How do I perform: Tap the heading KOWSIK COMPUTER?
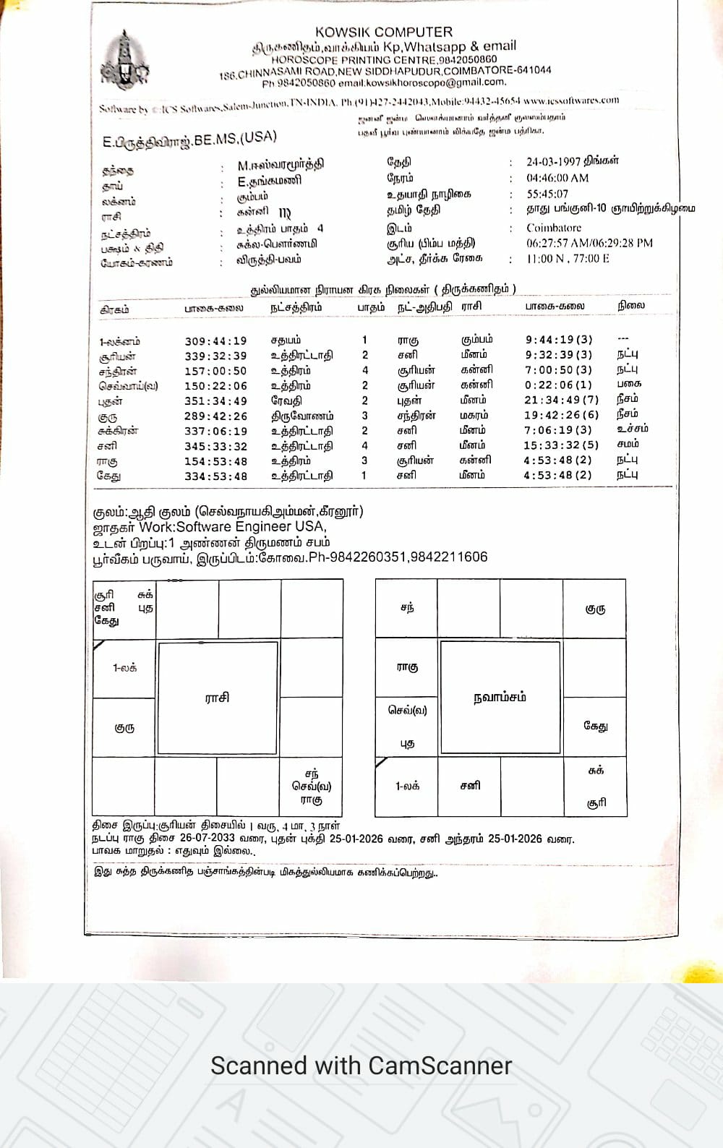click(384, 32)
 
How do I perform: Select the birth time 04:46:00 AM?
click(557, 178)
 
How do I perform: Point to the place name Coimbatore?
click(554, 228)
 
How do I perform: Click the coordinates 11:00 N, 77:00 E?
click(568, 258)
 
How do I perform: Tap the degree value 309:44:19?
click(215, 341)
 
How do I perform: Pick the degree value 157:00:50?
click(215, 371)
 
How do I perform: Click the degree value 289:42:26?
click(215, 416)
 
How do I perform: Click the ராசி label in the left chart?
click(217, 698)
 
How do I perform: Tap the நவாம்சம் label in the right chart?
click(500, 697)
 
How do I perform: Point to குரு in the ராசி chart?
click(124, 728)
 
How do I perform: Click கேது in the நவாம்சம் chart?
click(595, 726)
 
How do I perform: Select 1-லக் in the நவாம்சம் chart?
click(407, 786)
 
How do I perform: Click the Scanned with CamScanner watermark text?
click(361, 1066)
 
